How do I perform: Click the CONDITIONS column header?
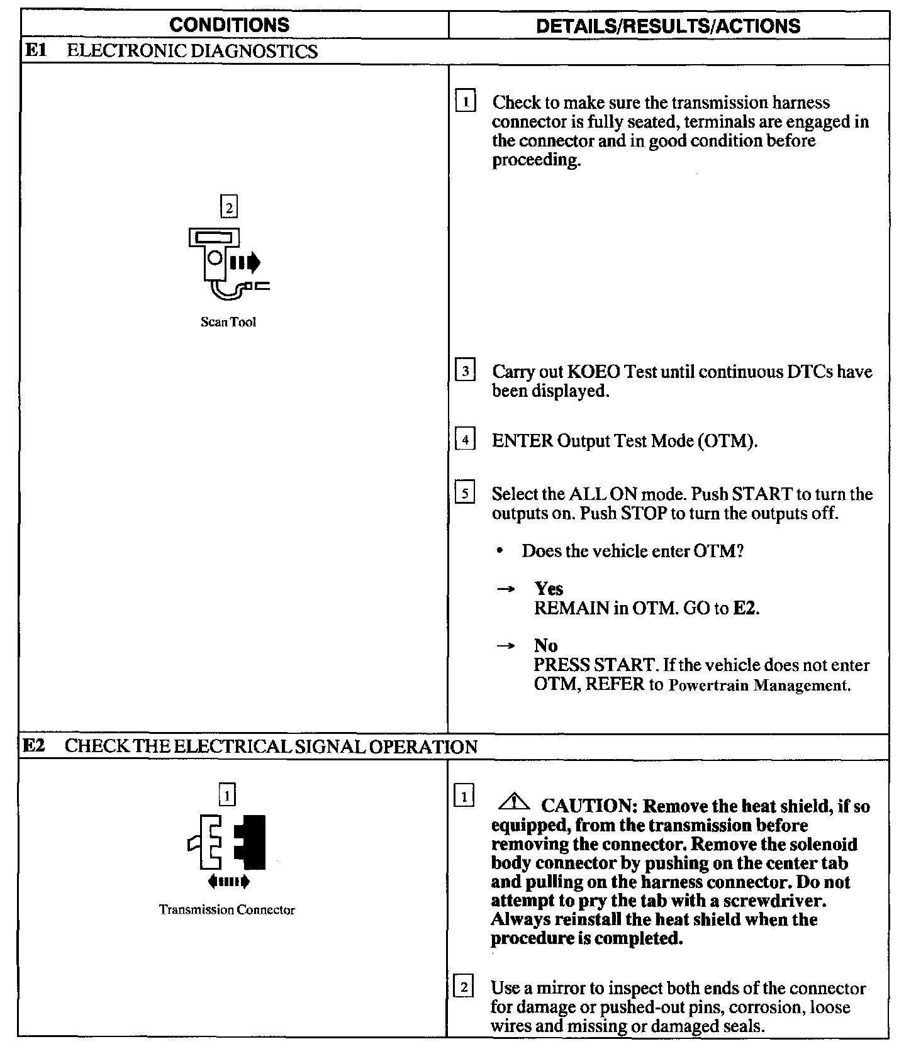click(x=230, y=25)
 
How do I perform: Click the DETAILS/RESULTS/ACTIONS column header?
click(x=668, y=25)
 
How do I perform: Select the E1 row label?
click(x=33, y=51)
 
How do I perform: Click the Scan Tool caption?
click(x=228, y=322)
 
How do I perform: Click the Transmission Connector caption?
click(x=226, y=910)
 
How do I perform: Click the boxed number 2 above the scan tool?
click(x=228, y=206)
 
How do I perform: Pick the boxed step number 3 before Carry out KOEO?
click(x=465, y=371)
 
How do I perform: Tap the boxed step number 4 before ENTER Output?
click(x=465, y=440)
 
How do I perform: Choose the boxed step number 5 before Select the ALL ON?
click(x=465, y=494)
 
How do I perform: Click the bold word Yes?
click(x=549, y=589)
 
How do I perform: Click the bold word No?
click(x=545, y=645)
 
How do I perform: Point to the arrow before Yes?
click(x=506, y=589)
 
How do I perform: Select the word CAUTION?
click(x=589, y=806)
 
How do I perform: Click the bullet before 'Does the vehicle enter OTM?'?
click(x=500, y=552)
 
